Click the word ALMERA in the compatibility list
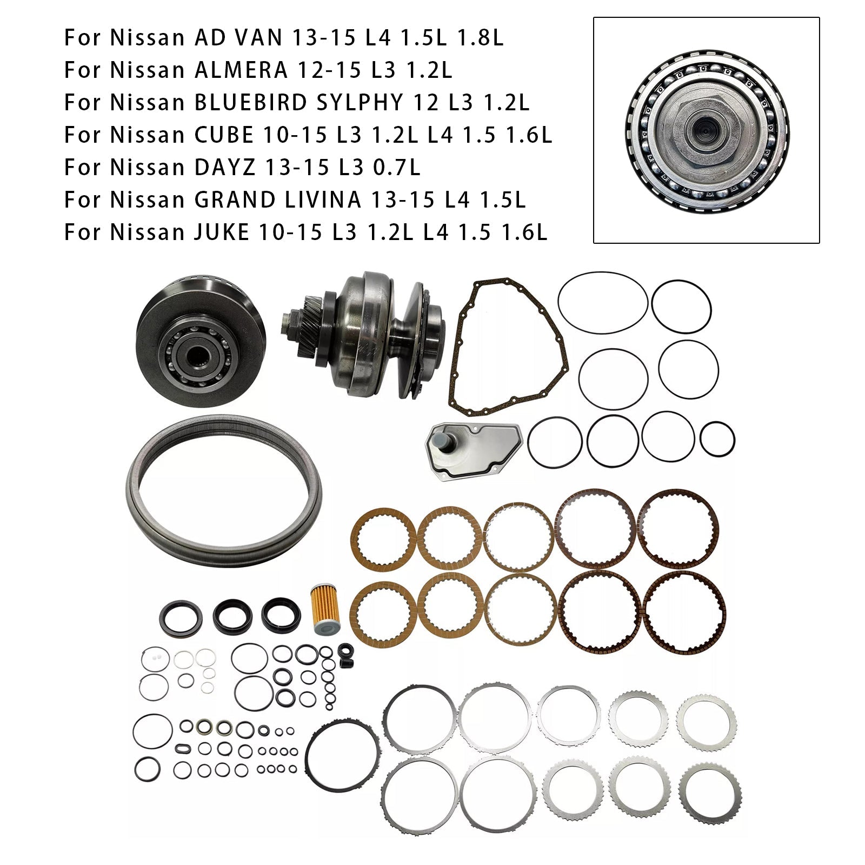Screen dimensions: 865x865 [x=241, y=70]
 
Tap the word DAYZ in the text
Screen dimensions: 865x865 [x=227, y=168]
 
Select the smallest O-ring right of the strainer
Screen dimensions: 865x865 [x=717, y=438]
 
